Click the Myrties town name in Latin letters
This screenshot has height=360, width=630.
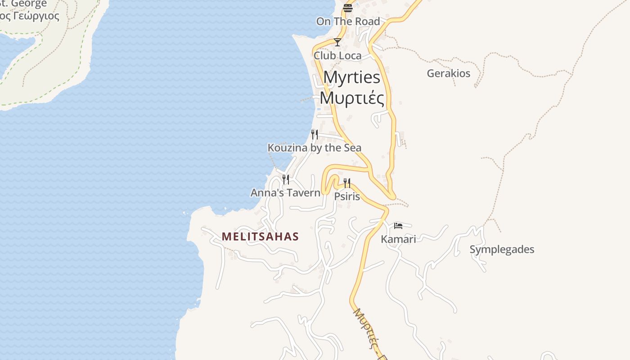352,77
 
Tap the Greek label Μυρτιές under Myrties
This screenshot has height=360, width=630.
352,98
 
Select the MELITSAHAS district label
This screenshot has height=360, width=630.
260,237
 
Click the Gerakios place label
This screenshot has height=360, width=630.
448,73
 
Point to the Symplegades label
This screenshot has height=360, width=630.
502,249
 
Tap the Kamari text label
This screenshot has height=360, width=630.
398,239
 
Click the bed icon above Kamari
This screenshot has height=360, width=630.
398,225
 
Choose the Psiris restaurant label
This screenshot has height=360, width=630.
347,196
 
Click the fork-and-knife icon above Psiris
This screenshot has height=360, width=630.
347,183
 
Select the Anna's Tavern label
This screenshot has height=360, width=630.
285,193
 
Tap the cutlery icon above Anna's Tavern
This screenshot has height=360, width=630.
285,180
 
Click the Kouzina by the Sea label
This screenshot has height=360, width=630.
314,148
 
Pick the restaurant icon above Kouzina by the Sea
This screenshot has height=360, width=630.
314,134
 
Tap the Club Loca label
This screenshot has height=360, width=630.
337,55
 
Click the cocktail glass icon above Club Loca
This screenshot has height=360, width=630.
337,42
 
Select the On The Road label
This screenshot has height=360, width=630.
348,21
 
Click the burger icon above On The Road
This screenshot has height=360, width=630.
348,8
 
